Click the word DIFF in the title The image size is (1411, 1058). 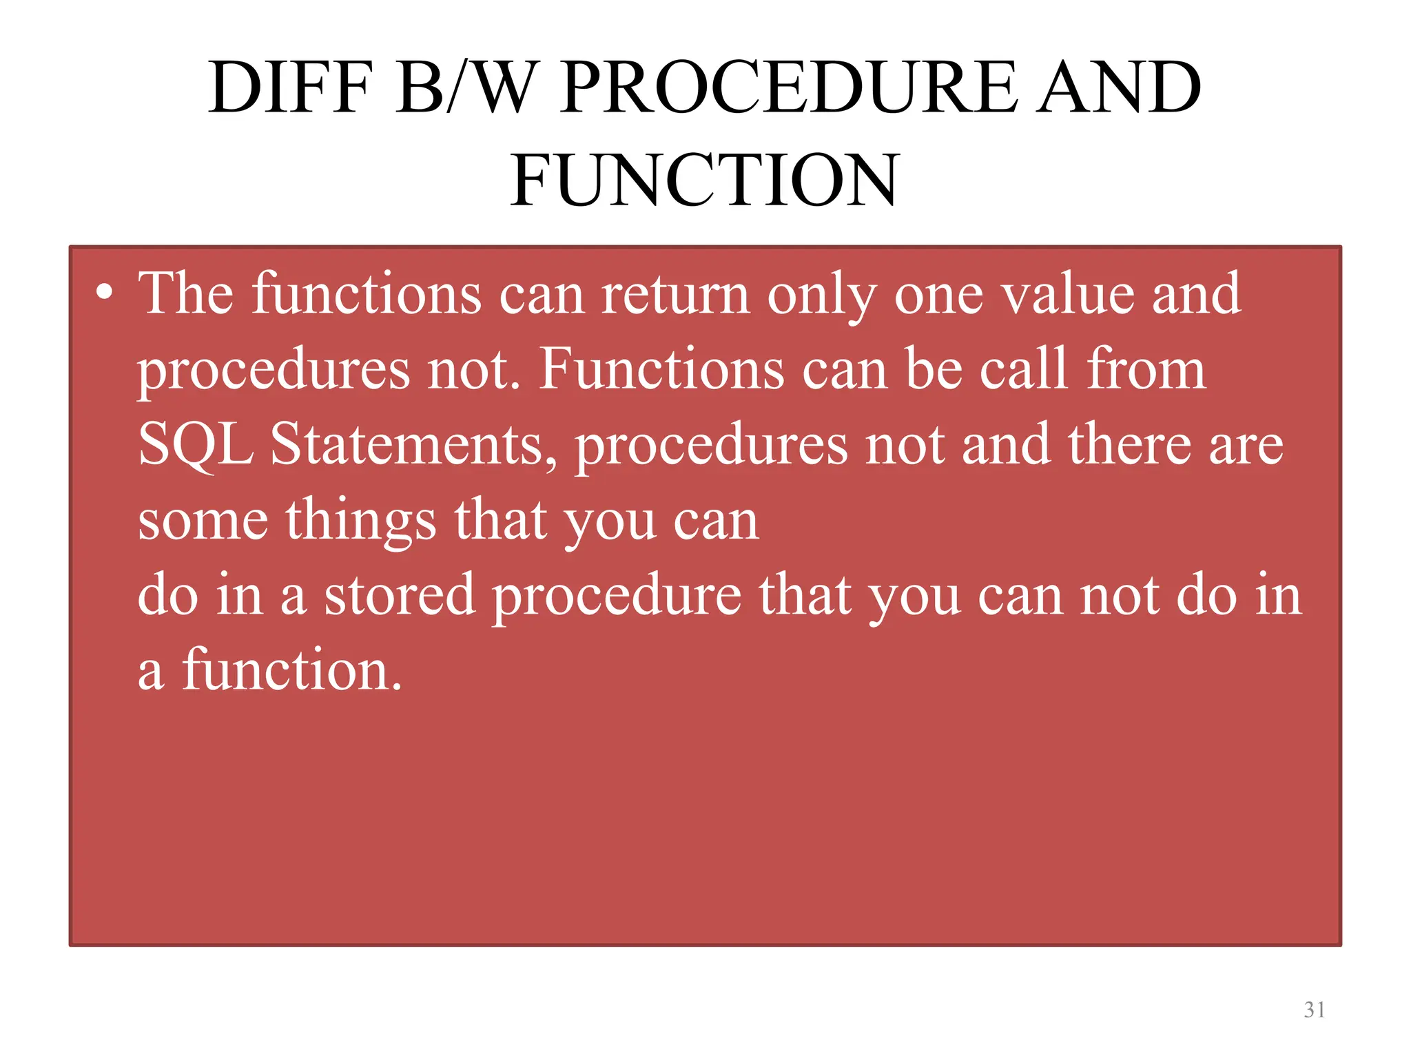click(290, 88)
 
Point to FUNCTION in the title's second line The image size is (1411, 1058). click(705, 180)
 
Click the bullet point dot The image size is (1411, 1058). click(104, 292)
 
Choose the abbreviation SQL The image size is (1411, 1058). click(196, 446)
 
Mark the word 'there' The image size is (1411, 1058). click(1129, 444)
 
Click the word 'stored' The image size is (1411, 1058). click(400, 594)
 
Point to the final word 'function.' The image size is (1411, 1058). click(292, 670)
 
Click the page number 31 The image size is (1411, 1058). click(1315, 1010)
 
